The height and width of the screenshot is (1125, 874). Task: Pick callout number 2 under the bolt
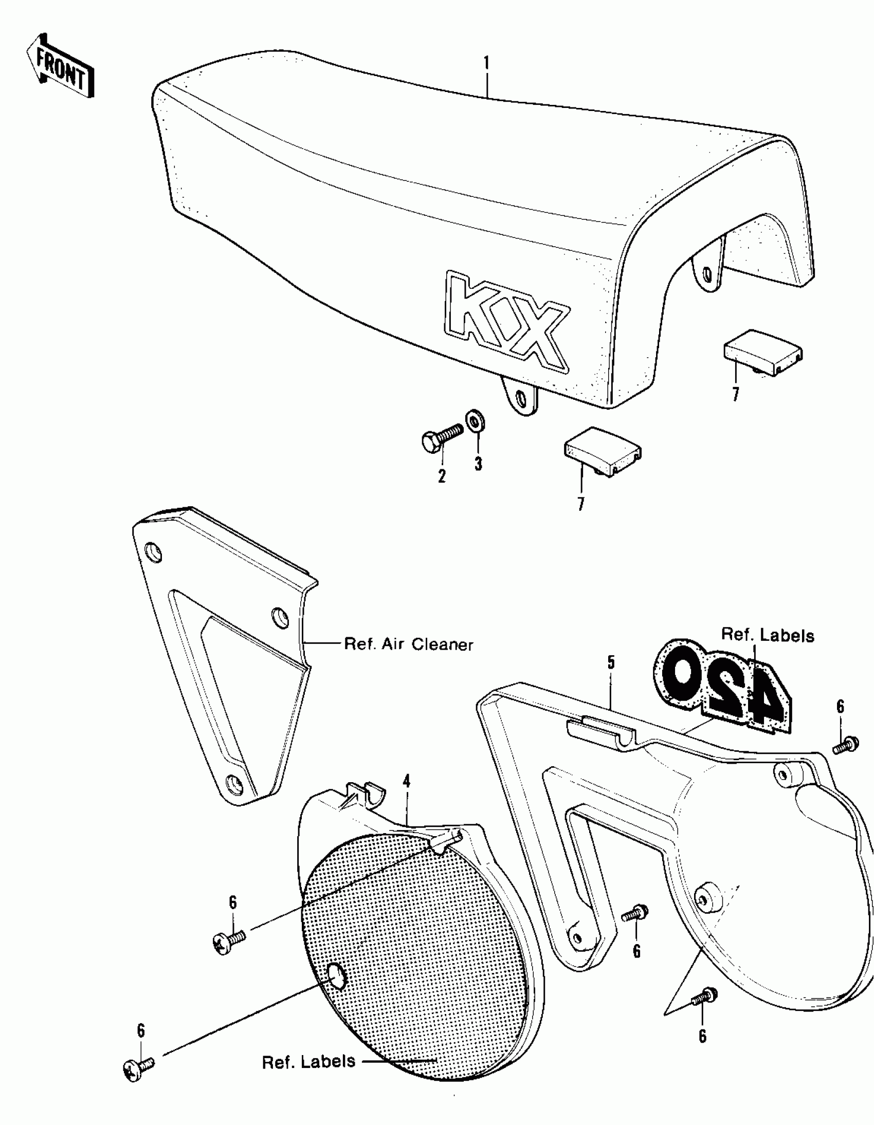[442, 476]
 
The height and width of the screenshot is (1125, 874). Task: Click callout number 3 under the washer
[478, 464]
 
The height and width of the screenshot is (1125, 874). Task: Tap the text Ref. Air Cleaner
[408, 644]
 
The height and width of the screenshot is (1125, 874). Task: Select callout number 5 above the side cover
[611, 662]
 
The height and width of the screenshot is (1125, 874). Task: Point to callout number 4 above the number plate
[407, 781]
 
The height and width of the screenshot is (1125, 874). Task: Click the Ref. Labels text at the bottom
[308, 1062]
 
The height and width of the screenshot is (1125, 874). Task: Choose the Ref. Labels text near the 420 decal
[768, 635]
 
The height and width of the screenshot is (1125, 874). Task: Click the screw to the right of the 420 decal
[846, 744]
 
